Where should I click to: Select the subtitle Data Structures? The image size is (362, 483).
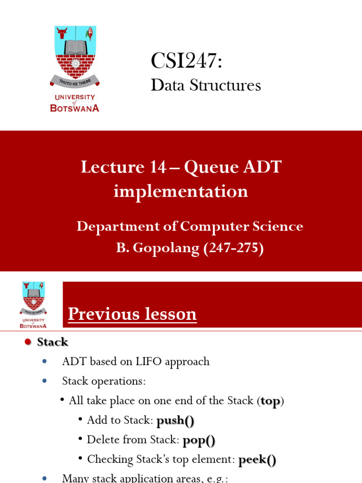tap(206, 85)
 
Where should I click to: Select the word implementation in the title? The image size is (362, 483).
tap(181, 192)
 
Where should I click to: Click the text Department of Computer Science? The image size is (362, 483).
tap(189, 226)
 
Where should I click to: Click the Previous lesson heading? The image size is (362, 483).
tap(132, 314)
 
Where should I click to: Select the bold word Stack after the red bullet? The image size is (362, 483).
tap(52, 342)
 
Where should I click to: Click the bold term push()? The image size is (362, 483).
tap(175, 420)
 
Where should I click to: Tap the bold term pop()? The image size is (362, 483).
tap(198, 441)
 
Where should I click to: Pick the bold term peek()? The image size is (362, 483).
tap(257, 460)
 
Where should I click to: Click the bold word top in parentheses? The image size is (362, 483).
tap(271, 401)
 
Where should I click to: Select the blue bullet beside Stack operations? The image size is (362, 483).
tap(45, 381)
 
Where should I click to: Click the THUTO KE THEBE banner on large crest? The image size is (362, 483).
tap(74, 82)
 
